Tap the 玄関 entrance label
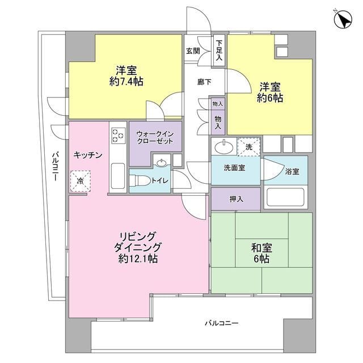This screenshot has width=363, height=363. tap(192, 51)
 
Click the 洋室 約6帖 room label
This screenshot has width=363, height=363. tap(271, 92)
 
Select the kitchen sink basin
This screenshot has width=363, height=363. tap(118, 176)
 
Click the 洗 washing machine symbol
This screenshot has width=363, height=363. tap(248, 146)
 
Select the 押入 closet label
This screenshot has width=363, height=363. tap(236, 199)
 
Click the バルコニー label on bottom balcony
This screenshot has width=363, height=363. tap(221, 323)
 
